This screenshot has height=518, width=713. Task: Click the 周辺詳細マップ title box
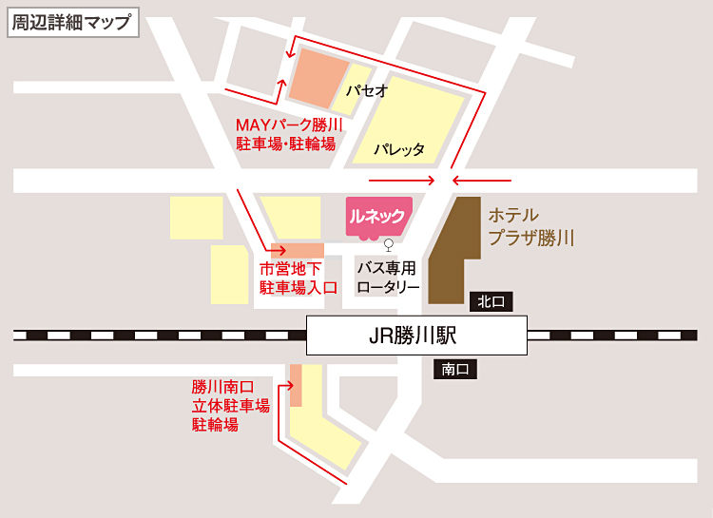pos(72,22)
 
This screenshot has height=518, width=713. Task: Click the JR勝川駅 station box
pos(417,336)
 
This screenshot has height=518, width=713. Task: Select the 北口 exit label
pos(491,302)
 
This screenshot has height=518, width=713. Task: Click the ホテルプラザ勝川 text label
pos(530,226)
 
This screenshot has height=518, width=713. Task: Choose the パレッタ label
pos(398,149)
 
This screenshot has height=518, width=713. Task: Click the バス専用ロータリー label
pos(388,277)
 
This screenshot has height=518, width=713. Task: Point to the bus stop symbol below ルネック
pos(388,243)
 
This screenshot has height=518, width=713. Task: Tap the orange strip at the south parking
pos(295,384)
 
